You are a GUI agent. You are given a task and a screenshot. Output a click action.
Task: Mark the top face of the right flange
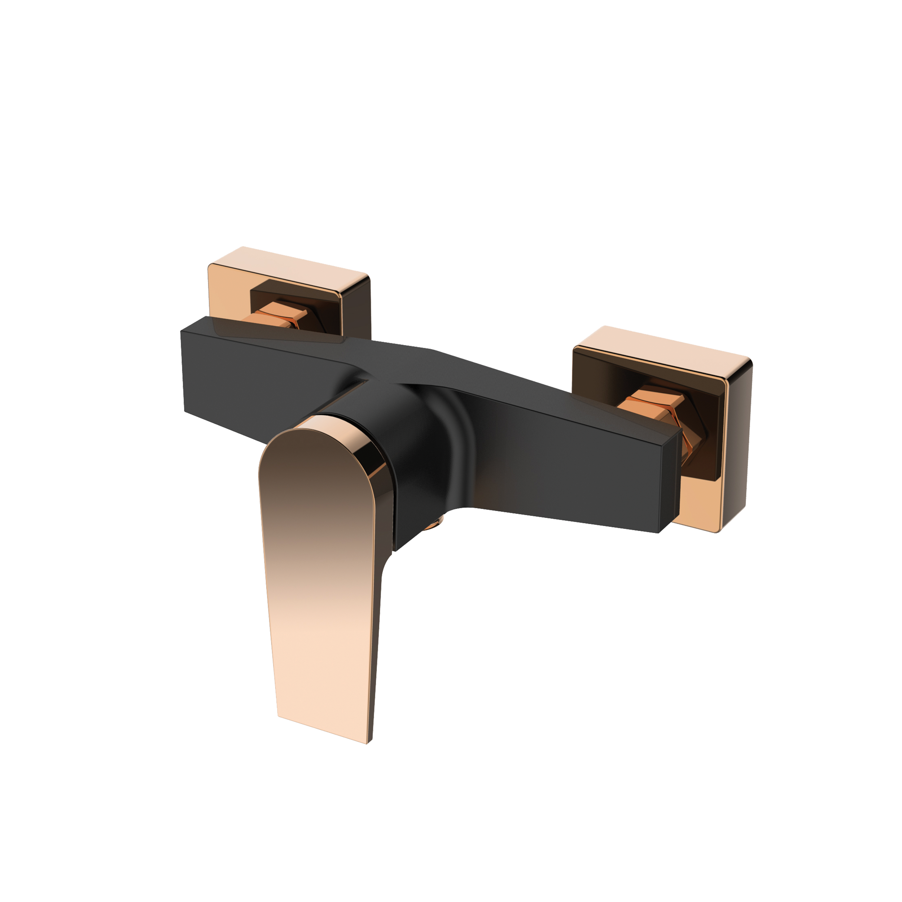tap(663, 343)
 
